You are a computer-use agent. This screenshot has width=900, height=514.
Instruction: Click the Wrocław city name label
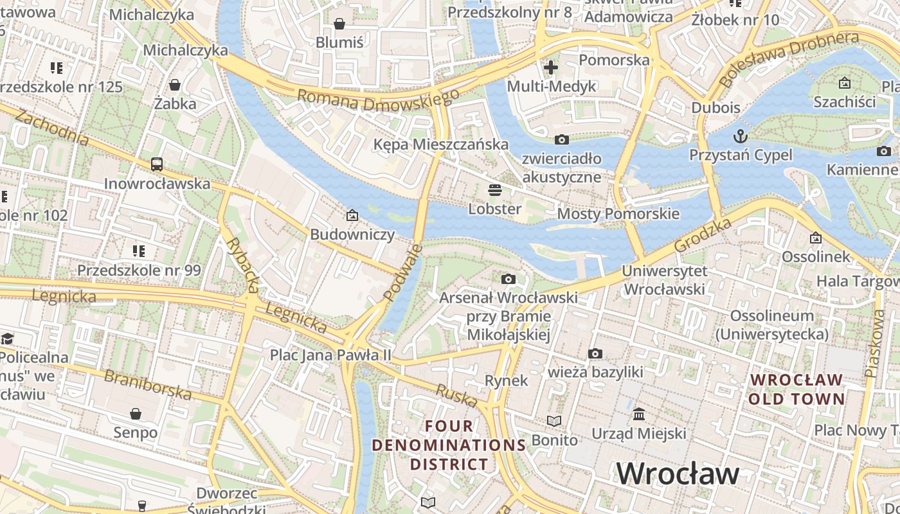(678, 474)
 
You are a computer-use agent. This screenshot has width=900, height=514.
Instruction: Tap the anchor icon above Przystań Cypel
(741, 136)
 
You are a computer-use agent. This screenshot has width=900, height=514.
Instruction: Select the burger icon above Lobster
(494, 190)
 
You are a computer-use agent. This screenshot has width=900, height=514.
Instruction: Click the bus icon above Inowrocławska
(157, 164)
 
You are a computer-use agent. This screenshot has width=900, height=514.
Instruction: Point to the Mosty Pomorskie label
(618, 214)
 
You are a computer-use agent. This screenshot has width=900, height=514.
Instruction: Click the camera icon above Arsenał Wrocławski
(508, 279)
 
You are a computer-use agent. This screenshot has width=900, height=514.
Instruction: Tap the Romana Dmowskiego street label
(378, 100)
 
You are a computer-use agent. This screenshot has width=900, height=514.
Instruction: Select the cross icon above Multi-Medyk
(551, 67)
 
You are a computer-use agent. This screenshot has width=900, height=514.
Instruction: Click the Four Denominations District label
(449, 445)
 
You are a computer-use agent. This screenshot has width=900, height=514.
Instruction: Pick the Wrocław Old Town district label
(797, 389)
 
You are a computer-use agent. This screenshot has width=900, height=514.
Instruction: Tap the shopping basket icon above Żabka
(174, 85)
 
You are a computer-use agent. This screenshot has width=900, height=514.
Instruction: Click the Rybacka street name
(242, 265)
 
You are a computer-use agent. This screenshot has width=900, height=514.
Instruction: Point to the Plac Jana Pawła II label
(330, 355)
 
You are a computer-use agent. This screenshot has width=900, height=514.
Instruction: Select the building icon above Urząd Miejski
(638, 414)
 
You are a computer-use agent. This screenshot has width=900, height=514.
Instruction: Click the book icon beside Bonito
(553, 421)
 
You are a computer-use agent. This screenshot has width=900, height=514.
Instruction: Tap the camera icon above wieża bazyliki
(595, 353)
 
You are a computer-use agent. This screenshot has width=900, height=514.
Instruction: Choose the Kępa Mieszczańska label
(441, 145)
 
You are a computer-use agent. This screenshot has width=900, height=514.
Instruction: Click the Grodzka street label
(703, 235)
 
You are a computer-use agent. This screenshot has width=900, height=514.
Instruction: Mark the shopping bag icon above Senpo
(135, 413)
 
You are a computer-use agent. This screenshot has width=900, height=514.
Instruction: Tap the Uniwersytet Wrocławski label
(664, 280)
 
